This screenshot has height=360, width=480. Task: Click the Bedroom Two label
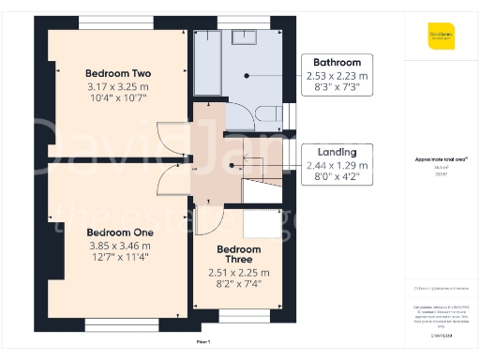(x=118, y=73)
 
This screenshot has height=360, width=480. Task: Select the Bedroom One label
(x=118, y=232)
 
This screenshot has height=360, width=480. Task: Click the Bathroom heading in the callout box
(x=337, y=63)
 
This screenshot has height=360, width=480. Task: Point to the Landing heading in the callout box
(x=337, y=152)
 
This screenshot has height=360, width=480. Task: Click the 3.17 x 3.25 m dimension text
(x=118, y=86)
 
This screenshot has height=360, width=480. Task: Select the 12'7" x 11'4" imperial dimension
(x=118, y=256)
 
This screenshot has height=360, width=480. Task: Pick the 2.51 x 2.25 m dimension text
(x=239, y=273)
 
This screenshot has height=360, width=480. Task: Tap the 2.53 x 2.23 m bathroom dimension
(x=337, y=76)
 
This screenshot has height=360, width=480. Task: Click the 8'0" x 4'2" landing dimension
(x=337, y=176)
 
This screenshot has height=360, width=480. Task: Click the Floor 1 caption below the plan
(x=203, y=342)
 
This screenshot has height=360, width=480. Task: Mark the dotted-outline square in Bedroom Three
(x=262, y=224)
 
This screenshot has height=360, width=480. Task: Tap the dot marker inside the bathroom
(x=247, y=75)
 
